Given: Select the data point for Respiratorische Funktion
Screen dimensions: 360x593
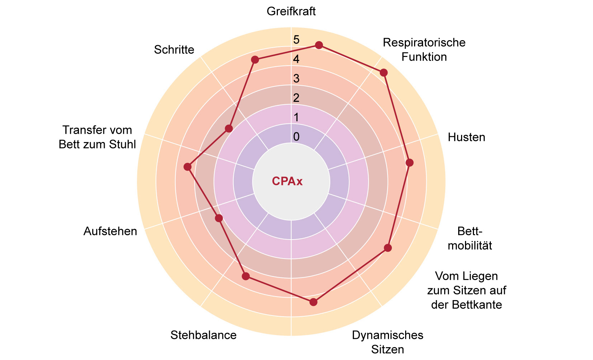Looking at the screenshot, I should click(x=384, y=73).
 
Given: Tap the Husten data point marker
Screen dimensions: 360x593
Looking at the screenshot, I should click(x=409, y=163).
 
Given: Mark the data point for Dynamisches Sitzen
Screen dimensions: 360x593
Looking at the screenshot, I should click(x=313, y=302).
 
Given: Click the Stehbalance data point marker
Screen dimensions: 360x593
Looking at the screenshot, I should click(x=246, y=276).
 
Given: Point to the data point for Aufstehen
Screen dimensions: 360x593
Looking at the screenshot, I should click(x=219, y=218).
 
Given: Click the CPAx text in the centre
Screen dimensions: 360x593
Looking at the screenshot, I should click(x=287, y=181).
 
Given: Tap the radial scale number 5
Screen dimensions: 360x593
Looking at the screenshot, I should click(x=296, y=40).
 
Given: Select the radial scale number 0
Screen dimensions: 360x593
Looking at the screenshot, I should click(x=296, y=137).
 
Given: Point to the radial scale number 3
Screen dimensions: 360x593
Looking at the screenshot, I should click(x=296, y=79).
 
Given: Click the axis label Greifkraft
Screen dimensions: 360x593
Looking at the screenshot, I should click(x=291, y=11).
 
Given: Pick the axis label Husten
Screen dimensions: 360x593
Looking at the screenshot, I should click(x=466, y=137).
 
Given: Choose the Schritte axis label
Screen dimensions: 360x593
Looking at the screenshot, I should click(x=174, y=49).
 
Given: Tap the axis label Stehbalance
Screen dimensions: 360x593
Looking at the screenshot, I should click(x=203, y=335).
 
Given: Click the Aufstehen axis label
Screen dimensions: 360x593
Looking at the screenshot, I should click(x=110, y=231).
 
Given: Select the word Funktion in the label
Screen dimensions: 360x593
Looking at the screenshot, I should click(x=424, y=57).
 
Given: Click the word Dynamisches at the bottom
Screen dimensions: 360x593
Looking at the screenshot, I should click(x=388, y=335).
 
